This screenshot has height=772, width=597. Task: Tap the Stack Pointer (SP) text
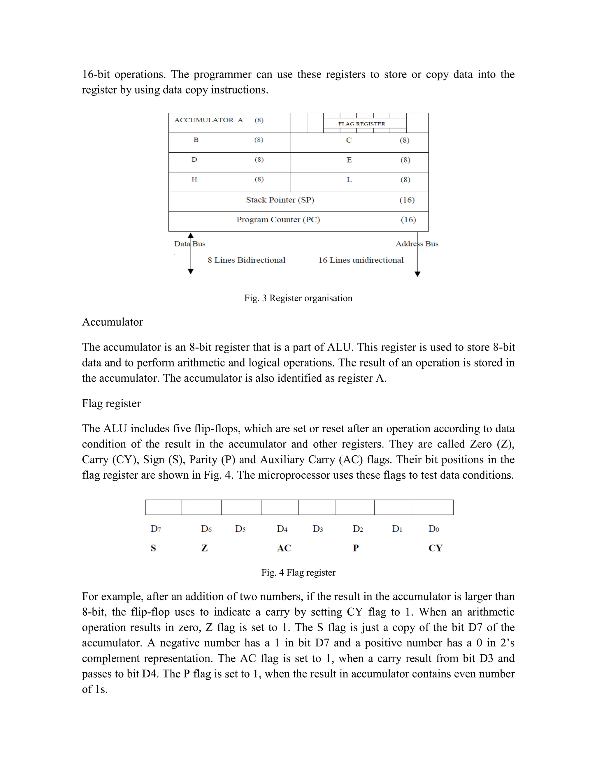280,200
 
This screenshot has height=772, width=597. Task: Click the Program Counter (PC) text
278,220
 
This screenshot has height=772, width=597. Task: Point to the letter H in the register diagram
194,179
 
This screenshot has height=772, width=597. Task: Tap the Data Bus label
189,244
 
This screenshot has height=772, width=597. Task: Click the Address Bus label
417,244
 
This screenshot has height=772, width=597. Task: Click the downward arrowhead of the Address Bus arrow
417,274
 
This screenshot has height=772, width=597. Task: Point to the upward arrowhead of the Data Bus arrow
191,235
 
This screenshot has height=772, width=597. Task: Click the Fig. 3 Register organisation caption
298,298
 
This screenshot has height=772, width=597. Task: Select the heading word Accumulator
113,322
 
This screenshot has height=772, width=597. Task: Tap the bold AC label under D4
284,548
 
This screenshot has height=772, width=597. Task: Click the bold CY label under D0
436,548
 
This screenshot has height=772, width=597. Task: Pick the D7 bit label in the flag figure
156,529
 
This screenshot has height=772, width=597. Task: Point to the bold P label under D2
356,548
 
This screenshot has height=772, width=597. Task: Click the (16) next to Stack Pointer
407,200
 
